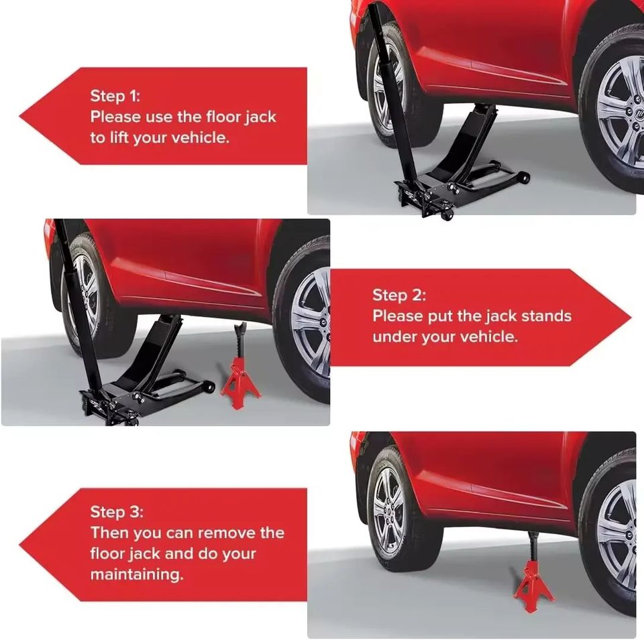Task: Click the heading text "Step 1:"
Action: point(115,96)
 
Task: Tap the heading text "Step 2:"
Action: point(399,295)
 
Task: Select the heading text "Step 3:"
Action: point(117,511)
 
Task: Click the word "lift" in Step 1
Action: point(119,137)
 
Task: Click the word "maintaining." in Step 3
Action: point(137,574)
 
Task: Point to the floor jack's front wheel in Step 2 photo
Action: point(209,387)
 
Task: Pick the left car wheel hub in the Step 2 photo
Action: point(85,295)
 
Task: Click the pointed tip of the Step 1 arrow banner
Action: point(19,116)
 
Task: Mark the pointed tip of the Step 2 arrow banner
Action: point(631,318)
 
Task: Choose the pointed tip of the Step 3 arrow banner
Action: point(19,546)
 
